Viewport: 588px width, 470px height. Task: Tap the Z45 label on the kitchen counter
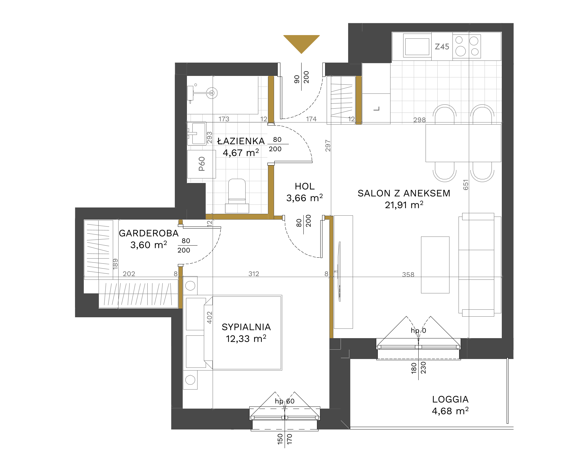click(442, 47)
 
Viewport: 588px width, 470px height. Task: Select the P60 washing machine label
click(202, 164)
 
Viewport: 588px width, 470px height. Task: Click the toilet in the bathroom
click(237, 195)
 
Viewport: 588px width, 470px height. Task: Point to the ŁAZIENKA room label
click(241, 141)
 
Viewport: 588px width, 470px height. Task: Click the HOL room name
click(305, 186)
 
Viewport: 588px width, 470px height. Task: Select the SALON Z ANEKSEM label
click(404, 193)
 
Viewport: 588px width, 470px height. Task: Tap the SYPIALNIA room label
click(246, 327)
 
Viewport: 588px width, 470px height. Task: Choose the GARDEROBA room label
click(149, 233)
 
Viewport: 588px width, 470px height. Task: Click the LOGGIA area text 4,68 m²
click(450, 411)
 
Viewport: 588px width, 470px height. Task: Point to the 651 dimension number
click(466, 185)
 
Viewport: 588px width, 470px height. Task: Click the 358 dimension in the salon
click(408, 274)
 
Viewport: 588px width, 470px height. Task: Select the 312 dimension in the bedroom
click(254, 274)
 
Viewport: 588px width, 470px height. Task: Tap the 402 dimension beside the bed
click(209, 318)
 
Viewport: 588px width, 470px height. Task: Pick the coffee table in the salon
click(435, 265)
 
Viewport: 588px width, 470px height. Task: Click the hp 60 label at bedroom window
click(285, 401)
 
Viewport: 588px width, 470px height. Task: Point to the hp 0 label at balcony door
click(418, 330)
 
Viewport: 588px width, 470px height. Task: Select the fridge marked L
click(376, 109)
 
